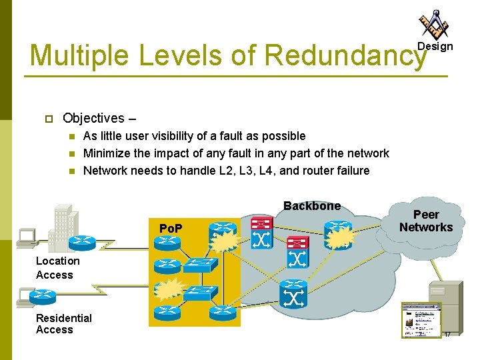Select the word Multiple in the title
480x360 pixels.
[79, 56]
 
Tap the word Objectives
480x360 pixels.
[93, 119]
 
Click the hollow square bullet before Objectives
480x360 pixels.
[48, 119]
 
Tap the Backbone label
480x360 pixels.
[311, 206]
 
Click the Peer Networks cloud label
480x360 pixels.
[425, 221]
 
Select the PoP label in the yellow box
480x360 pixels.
[171, 229]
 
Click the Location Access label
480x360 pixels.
[57, 268]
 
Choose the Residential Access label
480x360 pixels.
[64, 323]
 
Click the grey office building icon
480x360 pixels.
[63, 223]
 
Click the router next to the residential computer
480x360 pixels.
[45, 295]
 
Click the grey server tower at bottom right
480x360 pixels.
[444, 307]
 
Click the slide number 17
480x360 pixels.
[447, 334]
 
